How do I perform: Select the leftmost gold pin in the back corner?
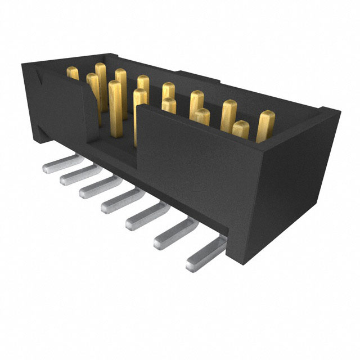(x=73, y=73)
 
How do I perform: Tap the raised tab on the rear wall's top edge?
(x=194, y=76)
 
